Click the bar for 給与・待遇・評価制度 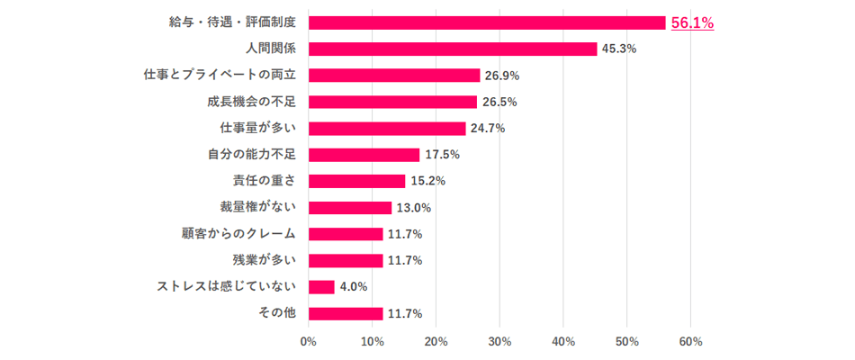486,22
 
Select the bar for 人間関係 452,49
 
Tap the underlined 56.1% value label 692,23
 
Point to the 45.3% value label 619,49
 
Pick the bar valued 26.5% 392,102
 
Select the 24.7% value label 488,128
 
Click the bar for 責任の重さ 356,181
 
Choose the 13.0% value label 414,208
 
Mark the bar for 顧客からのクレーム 346,234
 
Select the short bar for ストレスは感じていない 321,287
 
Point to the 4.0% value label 354,287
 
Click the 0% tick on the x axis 308,342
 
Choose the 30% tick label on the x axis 499,342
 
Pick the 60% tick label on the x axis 690,342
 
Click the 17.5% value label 442,155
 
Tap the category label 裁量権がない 257,207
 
